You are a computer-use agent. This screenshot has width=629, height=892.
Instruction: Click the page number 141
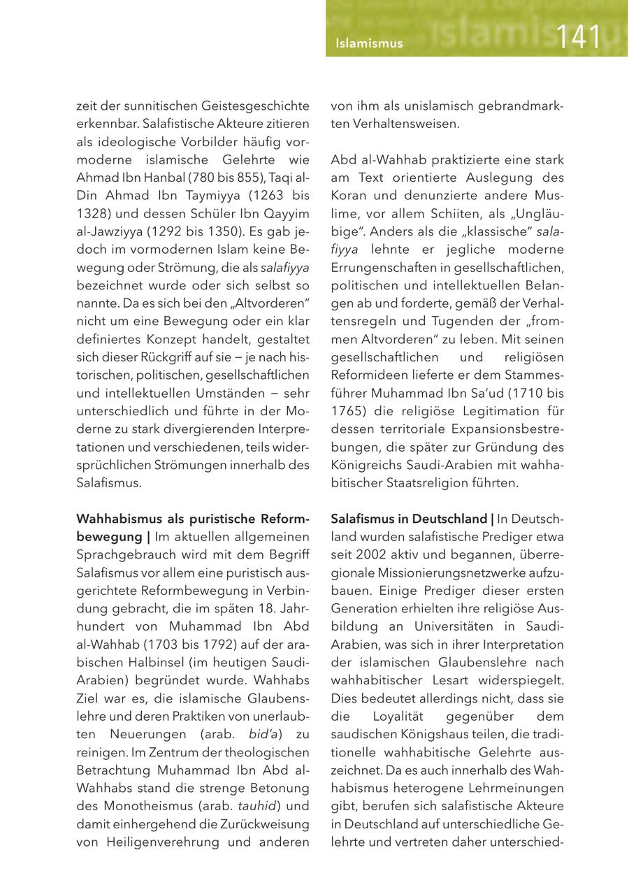tap(579, 37)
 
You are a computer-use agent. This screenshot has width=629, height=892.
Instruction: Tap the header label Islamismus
tap(369, 43)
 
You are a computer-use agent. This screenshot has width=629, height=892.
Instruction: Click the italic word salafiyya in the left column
tap(284, 268)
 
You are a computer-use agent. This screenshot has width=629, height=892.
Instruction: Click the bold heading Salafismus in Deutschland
tap(409, 519)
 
